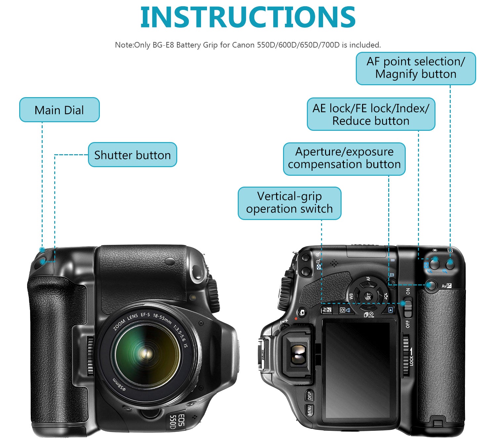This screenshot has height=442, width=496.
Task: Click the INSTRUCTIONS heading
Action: click(248, 17)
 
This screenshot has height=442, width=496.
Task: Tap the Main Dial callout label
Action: click(59, 110)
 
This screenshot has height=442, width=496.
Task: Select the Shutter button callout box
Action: click(132, 155)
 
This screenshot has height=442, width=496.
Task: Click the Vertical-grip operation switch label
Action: click(289, 203)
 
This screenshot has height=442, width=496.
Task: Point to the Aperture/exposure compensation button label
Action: click(344, 159)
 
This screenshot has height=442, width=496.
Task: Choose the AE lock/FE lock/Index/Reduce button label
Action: click(371, 114)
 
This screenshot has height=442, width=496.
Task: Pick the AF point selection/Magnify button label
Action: click(416, 68)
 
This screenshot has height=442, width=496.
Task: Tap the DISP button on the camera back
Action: click(310, 395)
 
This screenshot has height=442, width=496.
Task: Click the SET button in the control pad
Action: click(369, 296)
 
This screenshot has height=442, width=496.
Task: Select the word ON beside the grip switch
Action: click(408, 291)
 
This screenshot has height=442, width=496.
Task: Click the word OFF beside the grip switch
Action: click(408, 324)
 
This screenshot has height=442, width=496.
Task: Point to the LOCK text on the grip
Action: click(412, 360)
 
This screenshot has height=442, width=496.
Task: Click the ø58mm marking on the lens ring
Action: click(119, 385)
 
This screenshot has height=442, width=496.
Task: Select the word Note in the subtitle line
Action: click(124, 45)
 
